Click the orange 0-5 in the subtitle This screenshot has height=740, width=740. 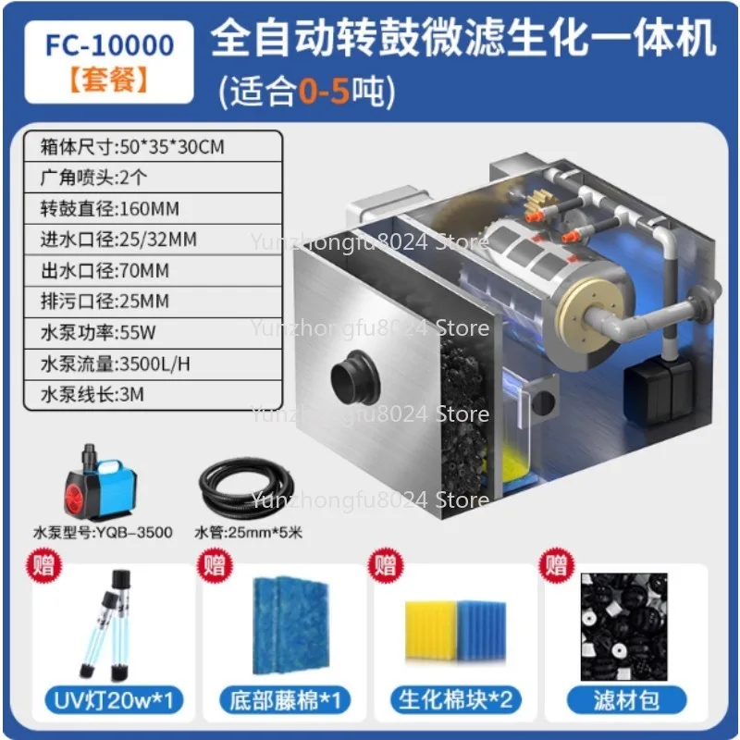[x=322, y=91]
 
